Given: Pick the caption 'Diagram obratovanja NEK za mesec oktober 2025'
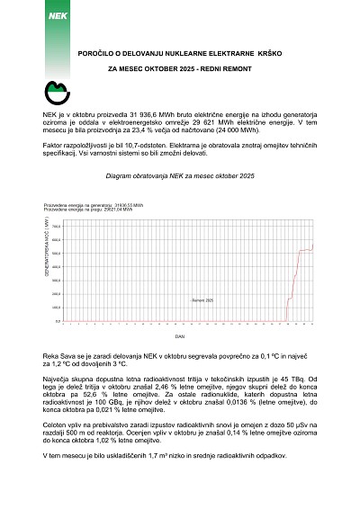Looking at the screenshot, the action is click(180, 179).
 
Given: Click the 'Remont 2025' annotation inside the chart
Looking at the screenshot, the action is click(202, 300).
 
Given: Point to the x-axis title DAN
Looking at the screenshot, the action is click(180, 335).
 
